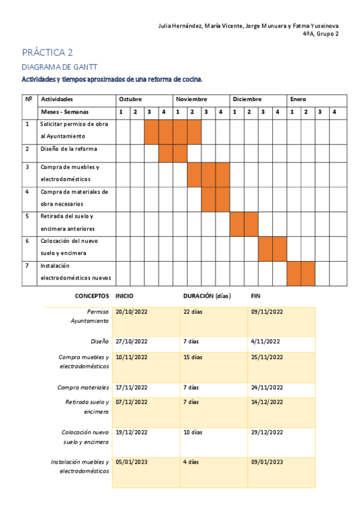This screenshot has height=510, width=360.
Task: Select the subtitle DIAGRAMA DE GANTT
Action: pos(59,67)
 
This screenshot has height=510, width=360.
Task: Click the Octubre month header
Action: pos(130,99)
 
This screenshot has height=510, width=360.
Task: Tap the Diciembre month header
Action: pos(247,99)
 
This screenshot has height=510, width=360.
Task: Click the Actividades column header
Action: pos(57,99)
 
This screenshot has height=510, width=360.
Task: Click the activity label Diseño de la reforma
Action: pos(69,149)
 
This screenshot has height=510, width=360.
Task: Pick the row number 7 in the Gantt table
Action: pos(27,265)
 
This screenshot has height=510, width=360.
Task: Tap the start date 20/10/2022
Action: pos(131,312)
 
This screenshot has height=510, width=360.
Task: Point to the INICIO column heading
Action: pos(124,296)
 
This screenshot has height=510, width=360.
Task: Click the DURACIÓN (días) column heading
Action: pos(206,296)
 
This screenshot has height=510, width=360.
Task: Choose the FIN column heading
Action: pos(255,296)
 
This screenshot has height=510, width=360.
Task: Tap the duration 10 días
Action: pos(194,432)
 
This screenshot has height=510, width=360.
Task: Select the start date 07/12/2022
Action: pos(131,402)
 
